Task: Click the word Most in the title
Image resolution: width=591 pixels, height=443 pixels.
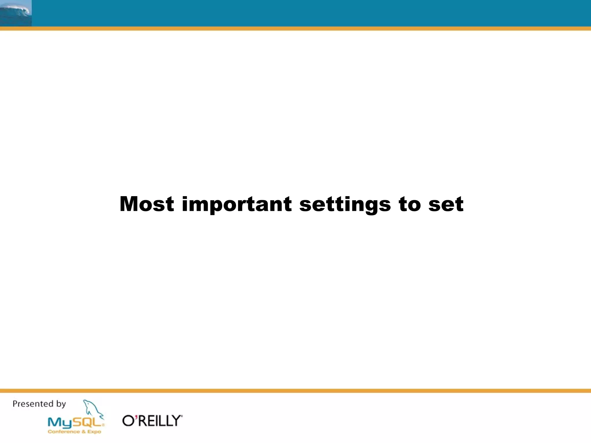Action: (x=147, y=204)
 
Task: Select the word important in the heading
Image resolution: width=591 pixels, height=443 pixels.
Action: (x=237, y=204)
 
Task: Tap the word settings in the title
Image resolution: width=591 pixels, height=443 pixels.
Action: (x=345, y=204)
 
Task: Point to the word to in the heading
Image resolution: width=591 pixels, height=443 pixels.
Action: (x=410, y=204)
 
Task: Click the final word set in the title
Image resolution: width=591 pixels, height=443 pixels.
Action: (x=446, y=204)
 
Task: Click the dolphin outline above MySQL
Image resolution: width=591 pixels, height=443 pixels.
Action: (x=92, y=408)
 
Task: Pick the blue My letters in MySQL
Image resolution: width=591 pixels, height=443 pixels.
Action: (x=59, y=423)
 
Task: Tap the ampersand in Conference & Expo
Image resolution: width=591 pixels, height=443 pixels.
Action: (x=83, y=432)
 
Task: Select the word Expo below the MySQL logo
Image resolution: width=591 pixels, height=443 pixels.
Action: (x=94, y=432)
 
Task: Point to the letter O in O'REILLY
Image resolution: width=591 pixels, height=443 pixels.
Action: (x=128, y=421)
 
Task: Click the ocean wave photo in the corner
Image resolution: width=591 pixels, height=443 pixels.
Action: (x=16, y=13)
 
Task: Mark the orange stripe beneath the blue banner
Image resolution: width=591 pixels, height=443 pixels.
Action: (x=295, y=29)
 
